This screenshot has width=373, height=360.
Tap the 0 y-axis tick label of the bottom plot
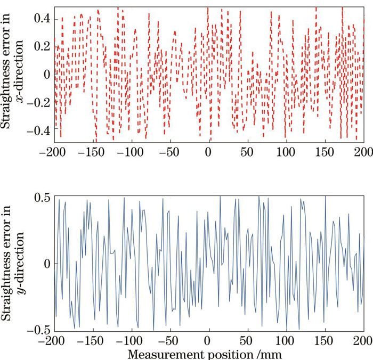[47, 264]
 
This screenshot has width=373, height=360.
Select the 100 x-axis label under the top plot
[286, 151]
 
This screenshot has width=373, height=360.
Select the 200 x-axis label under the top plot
[361, 151]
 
